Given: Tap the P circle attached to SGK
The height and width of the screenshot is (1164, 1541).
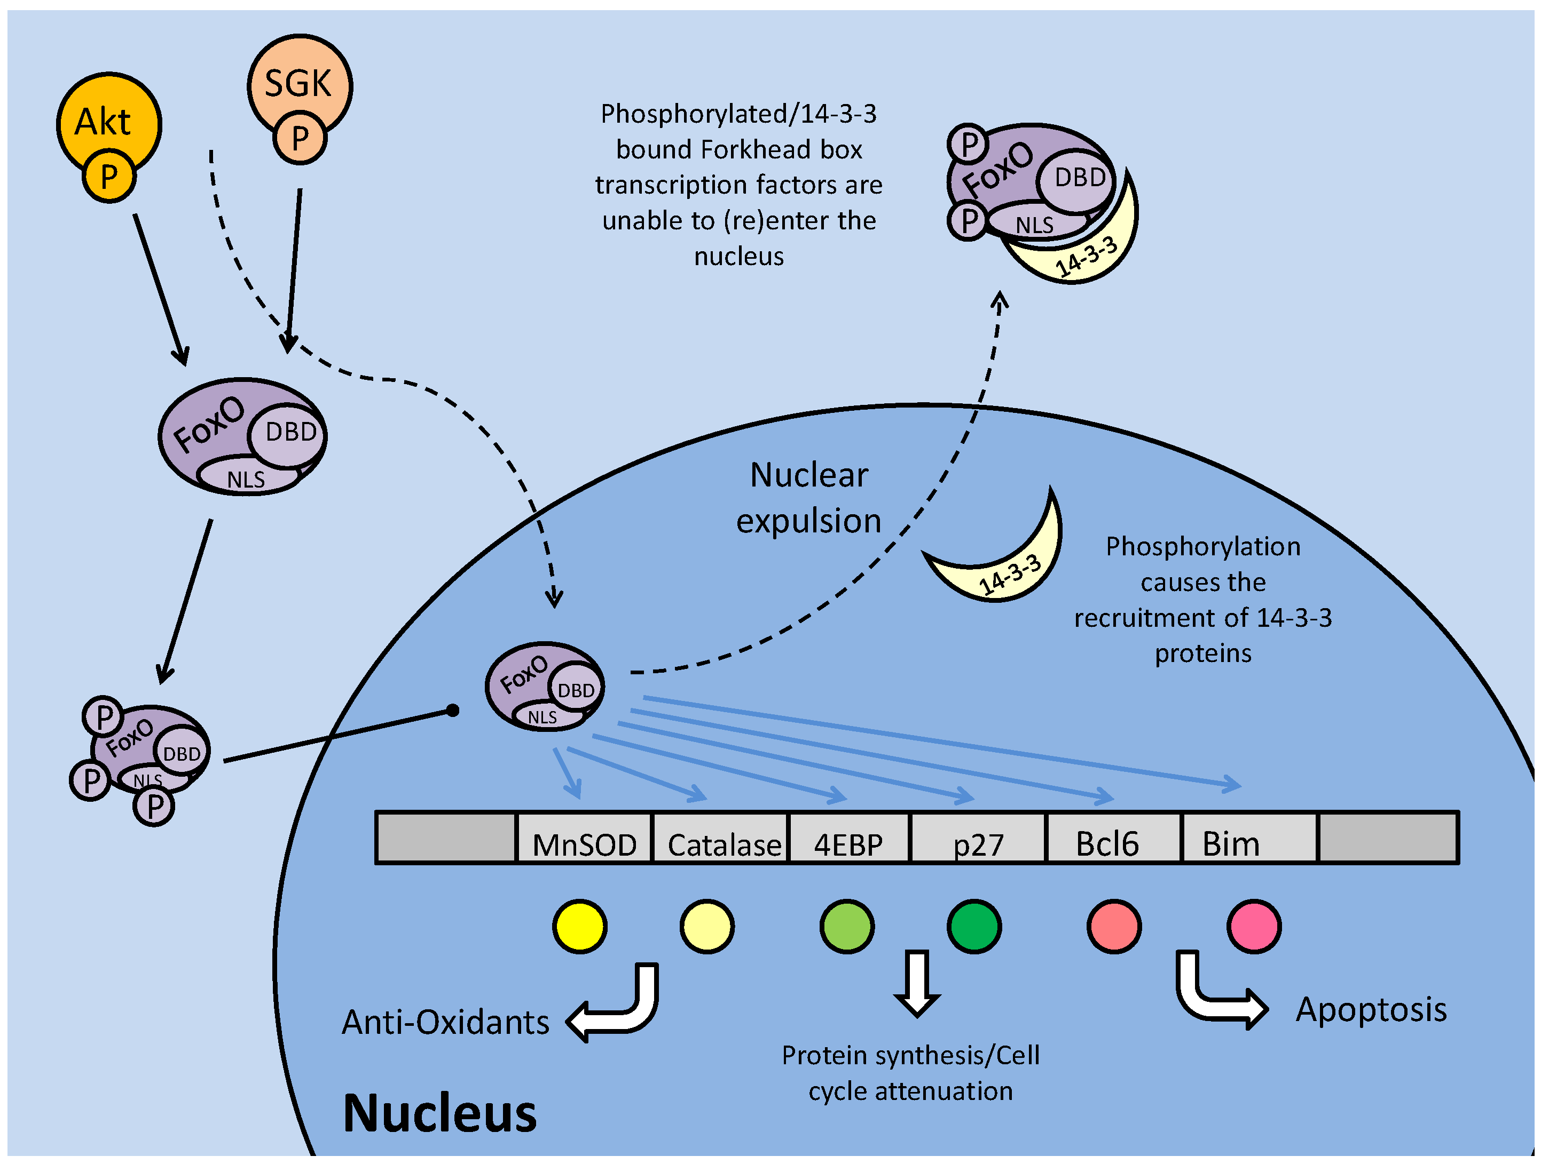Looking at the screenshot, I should click(300, 138).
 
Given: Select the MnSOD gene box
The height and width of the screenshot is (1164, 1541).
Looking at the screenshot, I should click(584, 838).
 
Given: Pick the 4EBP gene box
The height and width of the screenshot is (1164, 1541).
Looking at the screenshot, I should click(848, 838).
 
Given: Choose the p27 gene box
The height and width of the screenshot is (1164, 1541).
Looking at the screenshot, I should click(978, 838).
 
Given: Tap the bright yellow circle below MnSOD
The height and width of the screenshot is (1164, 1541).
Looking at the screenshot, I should click(580, 927).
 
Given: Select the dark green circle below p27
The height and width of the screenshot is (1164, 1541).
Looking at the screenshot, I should click(974, 927).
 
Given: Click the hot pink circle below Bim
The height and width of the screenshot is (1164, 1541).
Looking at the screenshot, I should click(1253, 927).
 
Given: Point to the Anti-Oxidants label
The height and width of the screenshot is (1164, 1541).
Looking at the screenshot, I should click(446, 1022).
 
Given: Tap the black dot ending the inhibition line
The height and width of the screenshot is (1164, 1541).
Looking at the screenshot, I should click(452, 710).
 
